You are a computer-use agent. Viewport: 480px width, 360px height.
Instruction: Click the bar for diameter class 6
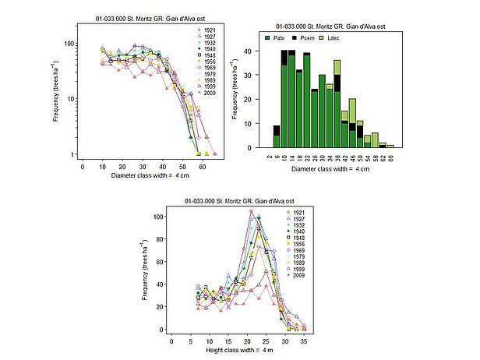pyautogui.click(x=277, y=136)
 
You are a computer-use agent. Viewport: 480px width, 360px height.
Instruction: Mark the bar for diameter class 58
pyautogui.click(x=375, y=139)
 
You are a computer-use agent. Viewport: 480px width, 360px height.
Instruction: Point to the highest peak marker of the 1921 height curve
pyautogui.click(x=251, y=211)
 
